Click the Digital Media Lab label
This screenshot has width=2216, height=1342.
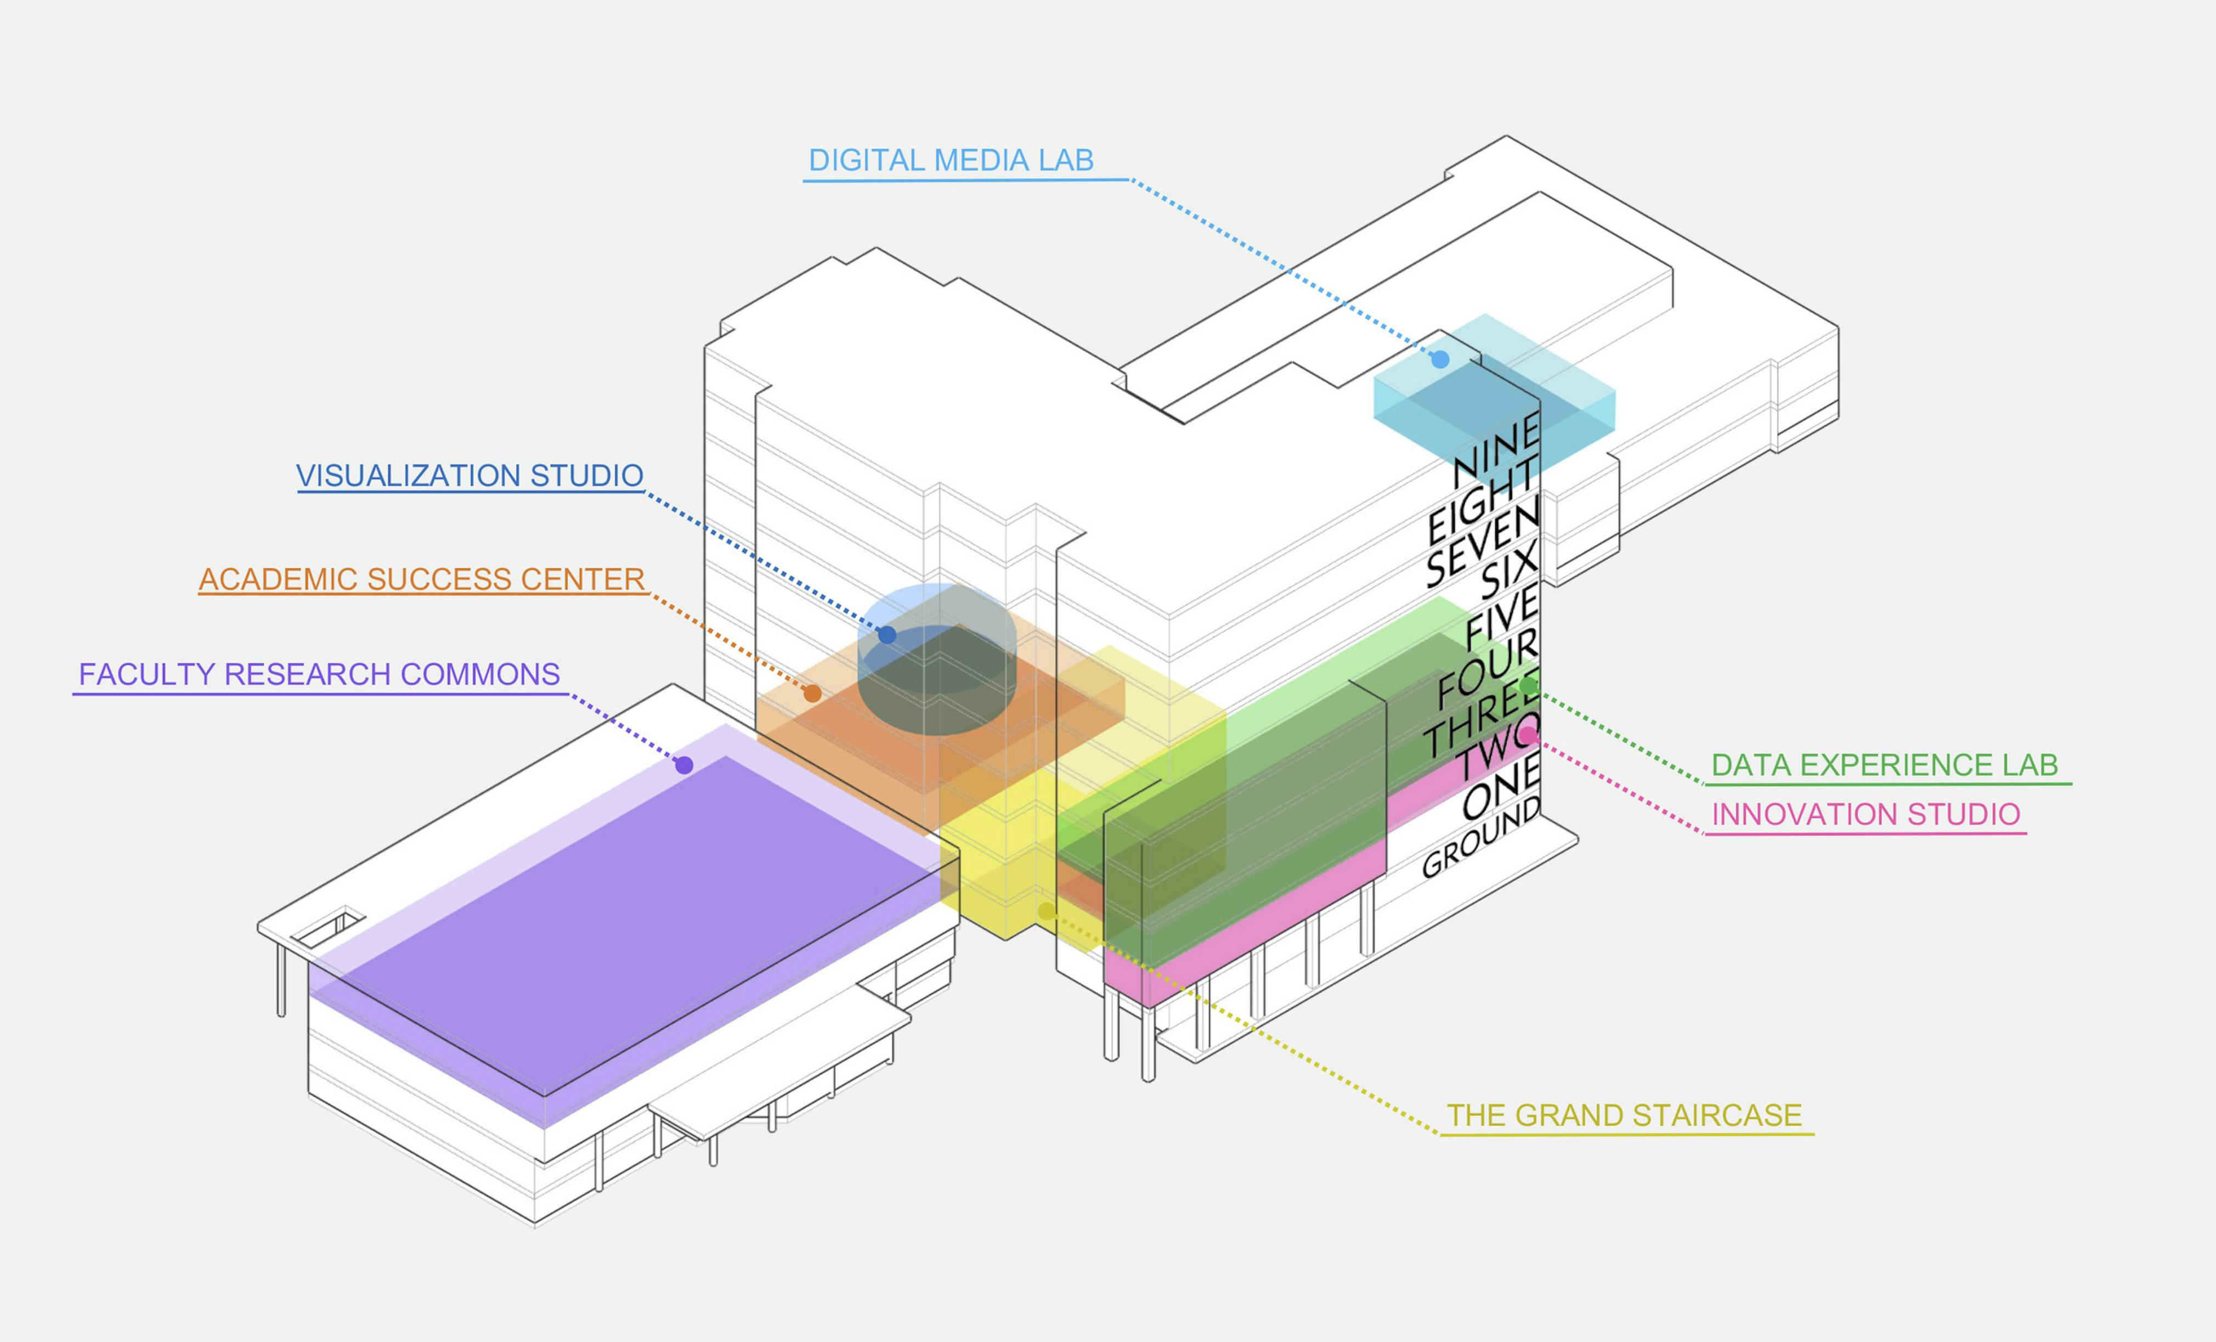[951, 161]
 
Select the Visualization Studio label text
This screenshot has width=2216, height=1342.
[470, 476]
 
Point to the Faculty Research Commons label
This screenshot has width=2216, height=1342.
[319, 675]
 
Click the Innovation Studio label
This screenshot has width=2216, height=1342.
[1865, 815]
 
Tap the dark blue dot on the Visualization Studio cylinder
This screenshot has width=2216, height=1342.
[887, 635]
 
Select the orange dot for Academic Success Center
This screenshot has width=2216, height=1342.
[812, 693]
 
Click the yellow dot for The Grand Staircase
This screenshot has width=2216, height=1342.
[1046, 912]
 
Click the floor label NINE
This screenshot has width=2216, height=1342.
[1497, 450]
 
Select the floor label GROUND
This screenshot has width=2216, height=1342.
[1480, 837]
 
